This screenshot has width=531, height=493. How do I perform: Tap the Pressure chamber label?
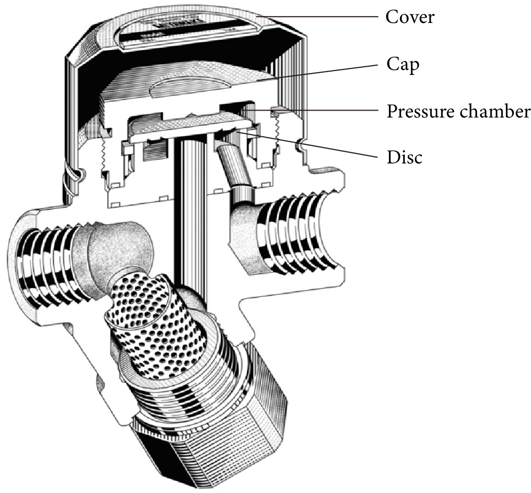click(458, 112)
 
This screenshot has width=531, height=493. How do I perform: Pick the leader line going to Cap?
click(321, 71)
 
